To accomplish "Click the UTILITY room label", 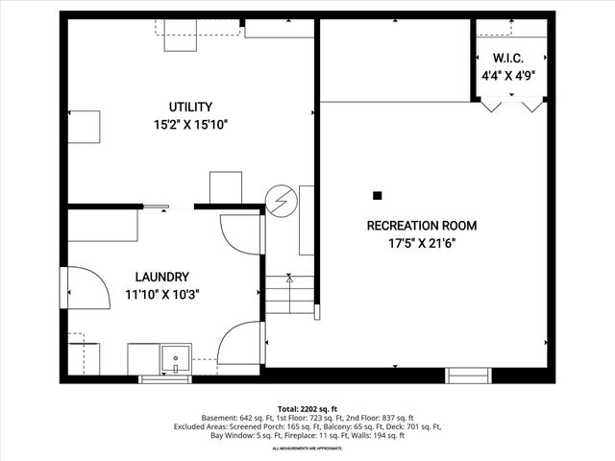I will pyautogui.click(x=190, y=107).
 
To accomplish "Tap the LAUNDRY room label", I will pyautogui.click(x=161, y=276).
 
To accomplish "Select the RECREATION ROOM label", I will pyautogui.click(x=422, y=226).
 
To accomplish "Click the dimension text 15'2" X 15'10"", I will pyautogui.click(x=190, y=125).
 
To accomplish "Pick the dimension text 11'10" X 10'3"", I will pyautogui.click(x=161, y=294).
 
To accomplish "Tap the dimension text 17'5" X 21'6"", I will pyautogui.click(x=422, y=244).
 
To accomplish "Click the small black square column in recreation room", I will pyautogui.click(x=377, y=196).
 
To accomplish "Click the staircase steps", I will pyautogui.click(x=290, y=292).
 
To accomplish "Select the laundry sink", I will pyautogui.click(x=176, y=357).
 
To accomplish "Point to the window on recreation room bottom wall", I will pyautogui.click(x=468, y=375).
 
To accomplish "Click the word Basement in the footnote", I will pyautogui.click(x=221, y=419).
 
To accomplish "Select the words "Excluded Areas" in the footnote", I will pyautogui.click(x=198, y=427).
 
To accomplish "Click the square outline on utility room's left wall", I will pyautogui.click(x=84, y=127).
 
